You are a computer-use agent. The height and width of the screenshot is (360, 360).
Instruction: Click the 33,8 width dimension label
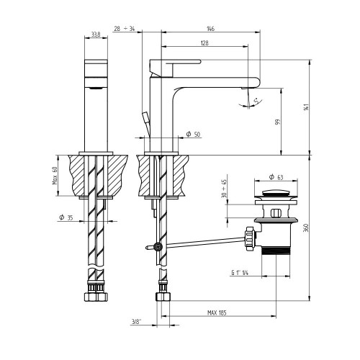pyautogui.click(x=96, y=35)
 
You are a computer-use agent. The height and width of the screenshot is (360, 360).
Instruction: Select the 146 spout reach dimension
pyautogui.click(x=210, y=29)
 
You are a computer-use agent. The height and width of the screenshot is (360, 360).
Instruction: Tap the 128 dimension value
pyautogui.click(x=204, y=43)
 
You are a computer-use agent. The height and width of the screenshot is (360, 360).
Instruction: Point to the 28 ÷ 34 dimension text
pyautogui.click(x=125, y=29)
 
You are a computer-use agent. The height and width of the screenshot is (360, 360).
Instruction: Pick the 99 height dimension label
pyautogui.click(x=278, y=122)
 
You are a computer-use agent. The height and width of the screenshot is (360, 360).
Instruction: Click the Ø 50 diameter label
pyautogui.click(x=193, y=134)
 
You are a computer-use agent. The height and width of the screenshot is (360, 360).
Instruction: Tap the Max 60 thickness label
pyautogui.click(x=55, y=176)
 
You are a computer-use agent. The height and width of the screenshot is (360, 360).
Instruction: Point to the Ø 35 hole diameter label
pyautogui.click(x=66, y=217)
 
